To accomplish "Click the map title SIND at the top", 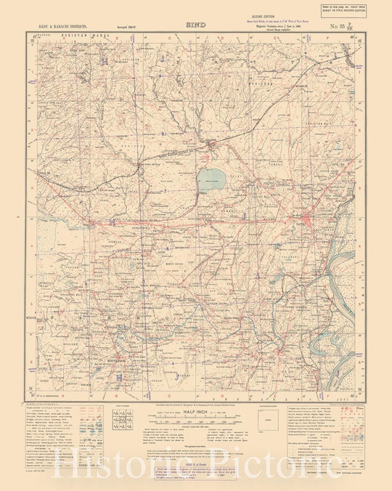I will coord(197,24).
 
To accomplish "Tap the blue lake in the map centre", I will coord(212,180).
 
